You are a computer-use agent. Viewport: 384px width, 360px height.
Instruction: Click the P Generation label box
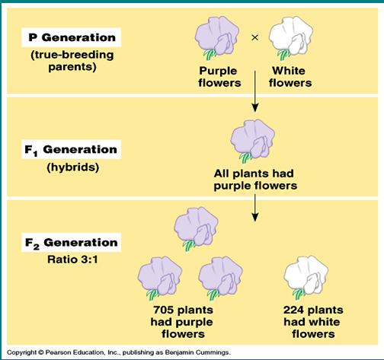click(72, 37)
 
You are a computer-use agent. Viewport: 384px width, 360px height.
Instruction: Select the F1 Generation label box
click(72, 149)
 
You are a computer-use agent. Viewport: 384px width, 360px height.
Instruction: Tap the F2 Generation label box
click(72, 242)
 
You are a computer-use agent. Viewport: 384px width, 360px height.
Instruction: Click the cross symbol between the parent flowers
click(254, 37)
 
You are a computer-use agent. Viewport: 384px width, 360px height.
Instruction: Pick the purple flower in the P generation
click(216, 38)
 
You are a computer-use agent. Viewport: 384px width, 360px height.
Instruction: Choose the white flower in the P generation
click(291, 38)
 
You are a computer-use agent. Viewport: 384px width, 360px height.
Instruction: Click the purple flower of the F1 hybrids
click(253, 141)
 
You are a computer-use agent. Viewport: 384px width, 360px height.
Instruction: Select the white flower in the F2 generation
click(306, 278)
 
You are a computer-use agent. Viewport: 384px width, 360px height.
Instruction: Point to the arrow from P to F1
click(255, 91)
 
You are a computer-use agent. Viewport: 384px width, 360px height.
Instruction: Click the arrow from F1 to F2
click(255, 208)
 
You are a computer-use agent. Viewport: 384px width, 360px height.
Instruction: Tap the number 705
click(164, 310)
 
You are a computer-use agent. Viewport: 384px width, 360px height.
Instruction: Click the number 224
click(293, 310)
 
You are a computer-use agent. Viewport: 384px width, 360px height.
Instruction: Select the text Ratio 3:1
click(72, 260)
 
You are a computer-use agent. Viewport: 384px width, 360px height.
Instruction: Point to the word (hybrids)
click(73, 167)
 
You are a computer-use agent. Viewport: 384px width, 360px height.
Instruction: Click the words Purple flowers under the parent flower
click(219, 77)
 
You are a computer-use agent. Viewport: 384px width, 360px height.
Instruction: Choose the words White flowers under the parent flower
click(290, 77)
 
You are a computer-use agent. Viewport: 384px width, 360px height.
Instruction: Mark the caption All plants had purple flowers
click(255, 180)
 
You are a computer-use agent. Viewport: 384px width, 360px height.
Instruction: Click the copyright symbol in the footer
click(41, 352)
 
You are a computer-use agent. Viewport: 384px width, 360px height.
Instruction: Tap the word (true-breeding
click(72, 55)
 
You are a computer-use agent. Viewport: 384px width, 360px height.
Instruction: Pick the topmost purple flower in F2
click(196, 228)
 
